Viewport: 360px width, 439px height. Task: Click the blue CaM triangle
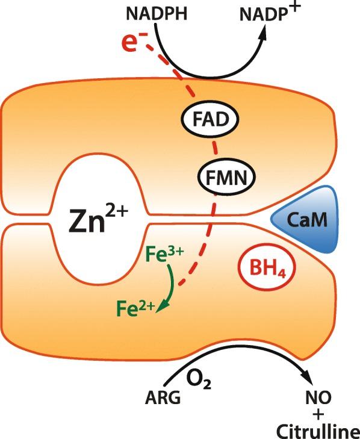pyautogui.click(x=307, y=220)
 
